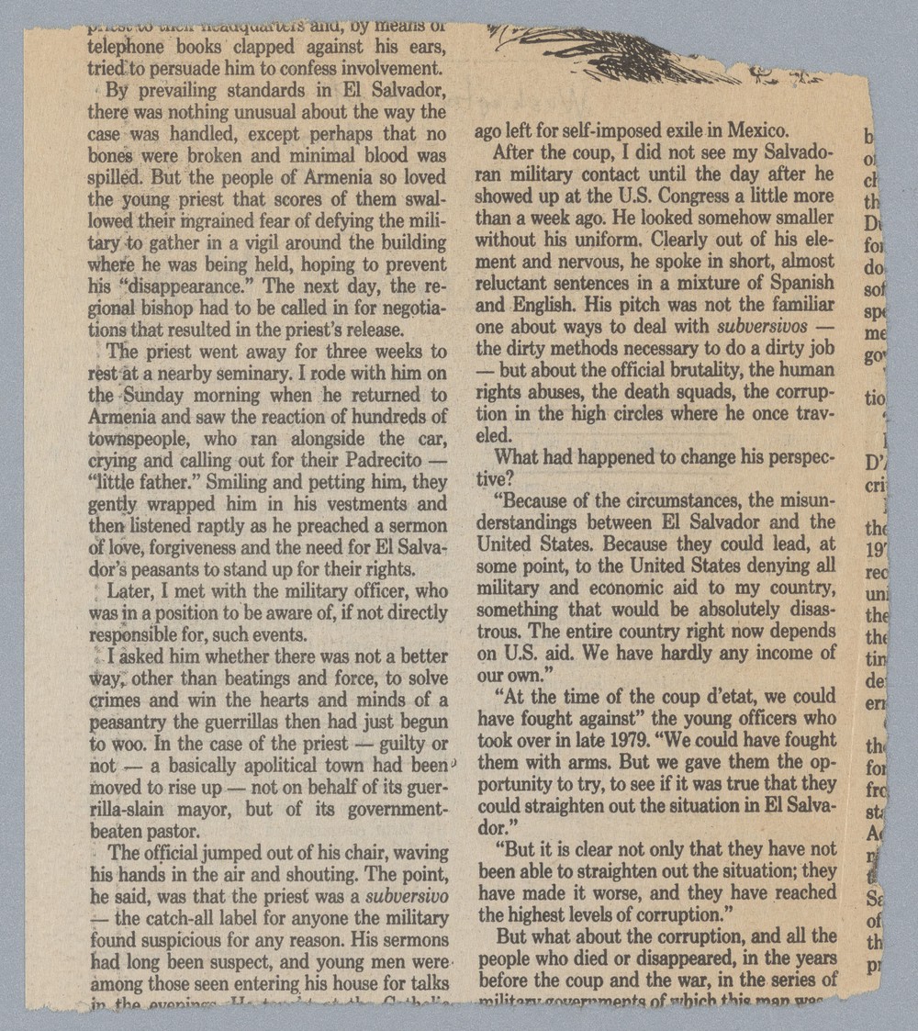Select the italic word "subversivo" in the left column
(407, 894)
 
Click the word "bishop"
(192, 307)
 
